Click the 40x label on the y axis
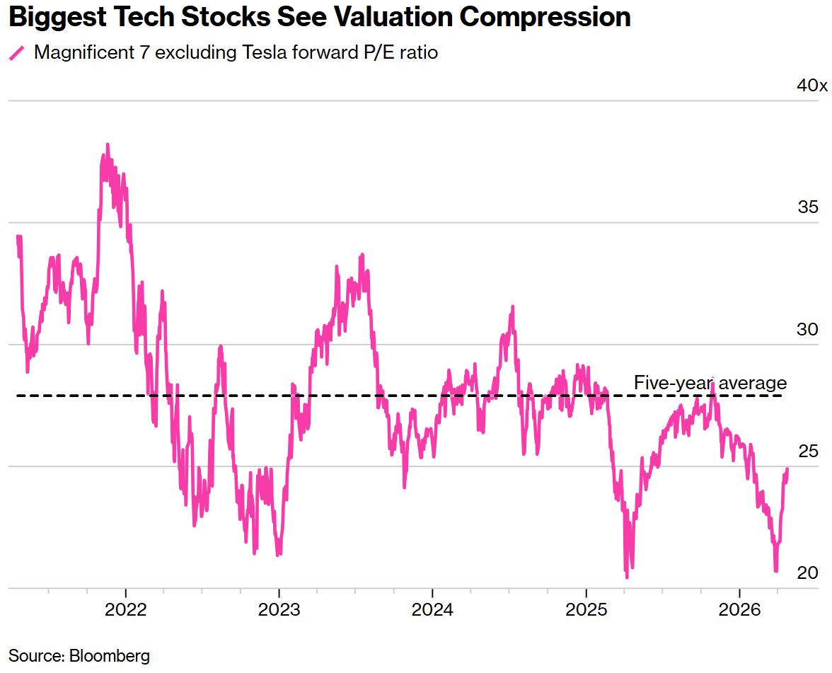coord(811,86)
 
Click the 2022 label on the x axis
coord(125,609)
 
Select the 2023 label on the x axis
coord(279,609)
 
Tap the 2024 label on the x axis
coord(432,609)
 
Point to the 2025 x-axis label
coord(586,609)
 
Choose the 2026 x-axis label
coord(739,609)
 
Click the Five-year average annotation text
coord(710,383)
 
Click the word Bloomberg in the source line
coord(110,655)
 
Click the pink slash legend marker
coord(16,53)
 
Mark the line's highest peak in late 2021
coord(108,144)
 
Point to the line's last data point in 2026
coord(787,470)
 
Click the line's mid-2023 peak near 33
coord(362,255)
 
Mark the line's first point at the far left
coord(17,237)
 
